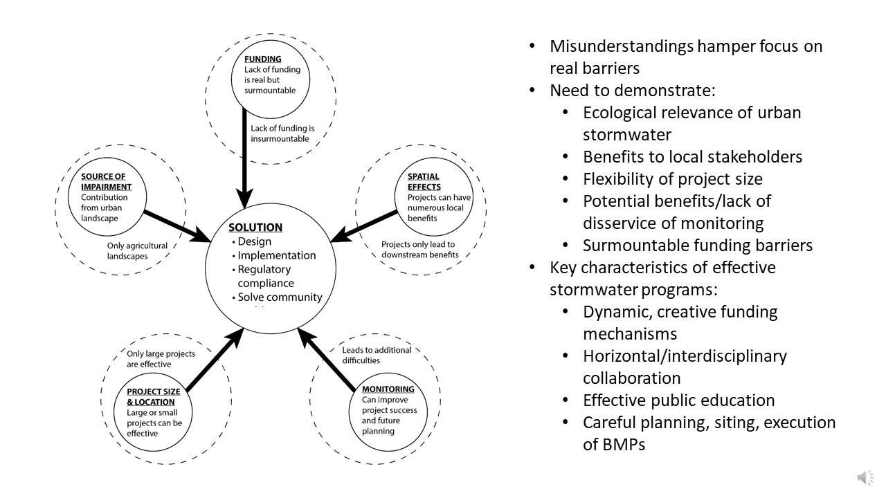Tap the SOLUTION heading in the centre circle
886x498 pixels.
[x=255, y=227]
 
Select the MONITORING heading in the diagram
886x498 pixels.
[x=388, y=389]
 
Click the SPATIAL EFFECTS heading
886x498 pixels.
[x=423, y=181]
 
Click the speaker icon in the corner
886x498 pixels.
[x=865, y=477]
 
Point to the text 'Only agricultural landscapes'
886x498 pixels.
[x=137, y=251]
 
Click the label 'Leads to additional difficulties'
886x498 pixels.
[x=377, y=355]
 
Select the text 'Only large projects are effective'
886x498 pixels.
[x=161, y=359]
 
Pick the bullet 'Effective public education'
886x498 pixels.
[x=678, y=400]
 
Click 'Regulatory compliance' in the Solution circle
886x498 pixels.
[x=264, y=276]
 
